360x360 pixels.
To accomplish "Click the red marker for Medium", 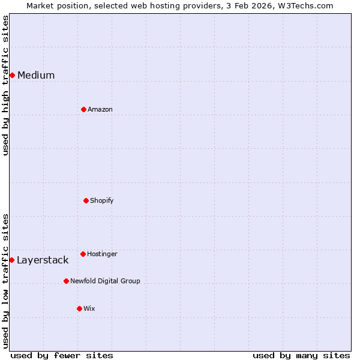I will coord(12,75).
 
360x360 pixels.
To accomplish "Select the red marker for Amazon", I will coord(83,109).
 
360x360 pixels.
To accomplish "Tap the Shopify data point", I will coord(86,200).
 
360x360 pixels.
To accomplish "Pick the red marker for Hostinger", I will coord(83,254).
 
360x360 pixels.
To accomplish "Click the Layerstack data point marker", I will coord(11,260).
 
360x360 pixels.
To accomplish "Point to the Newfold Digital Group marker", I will coord(66,281).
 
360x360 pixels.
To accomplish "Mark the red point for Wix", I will coord(79,308).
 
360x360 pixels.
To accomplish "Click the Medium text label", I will coord(36,75).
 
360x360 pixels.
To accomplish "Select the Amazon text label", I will coord(100,109).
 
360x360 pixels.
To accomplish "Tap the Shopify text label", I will coord(102,200).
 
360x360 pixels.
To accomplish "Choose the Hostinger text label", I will coord(102,254).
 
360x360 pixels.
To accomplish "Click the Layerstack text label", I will coord(43,260).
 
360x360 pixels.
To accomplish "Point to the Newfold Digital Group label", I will coord(105,281).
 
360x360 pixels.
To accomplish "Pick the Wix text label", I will coord(89,308).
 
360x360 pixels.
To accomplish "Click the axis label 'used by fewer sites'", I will coord(62,355).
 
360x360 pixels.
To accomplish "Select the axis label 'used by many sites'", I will coord(301,355).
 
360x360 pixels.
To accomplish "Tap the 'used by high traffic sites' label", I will coord(5,85).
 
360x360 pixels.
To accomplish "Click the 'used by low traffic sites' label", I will coord(5,280).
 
